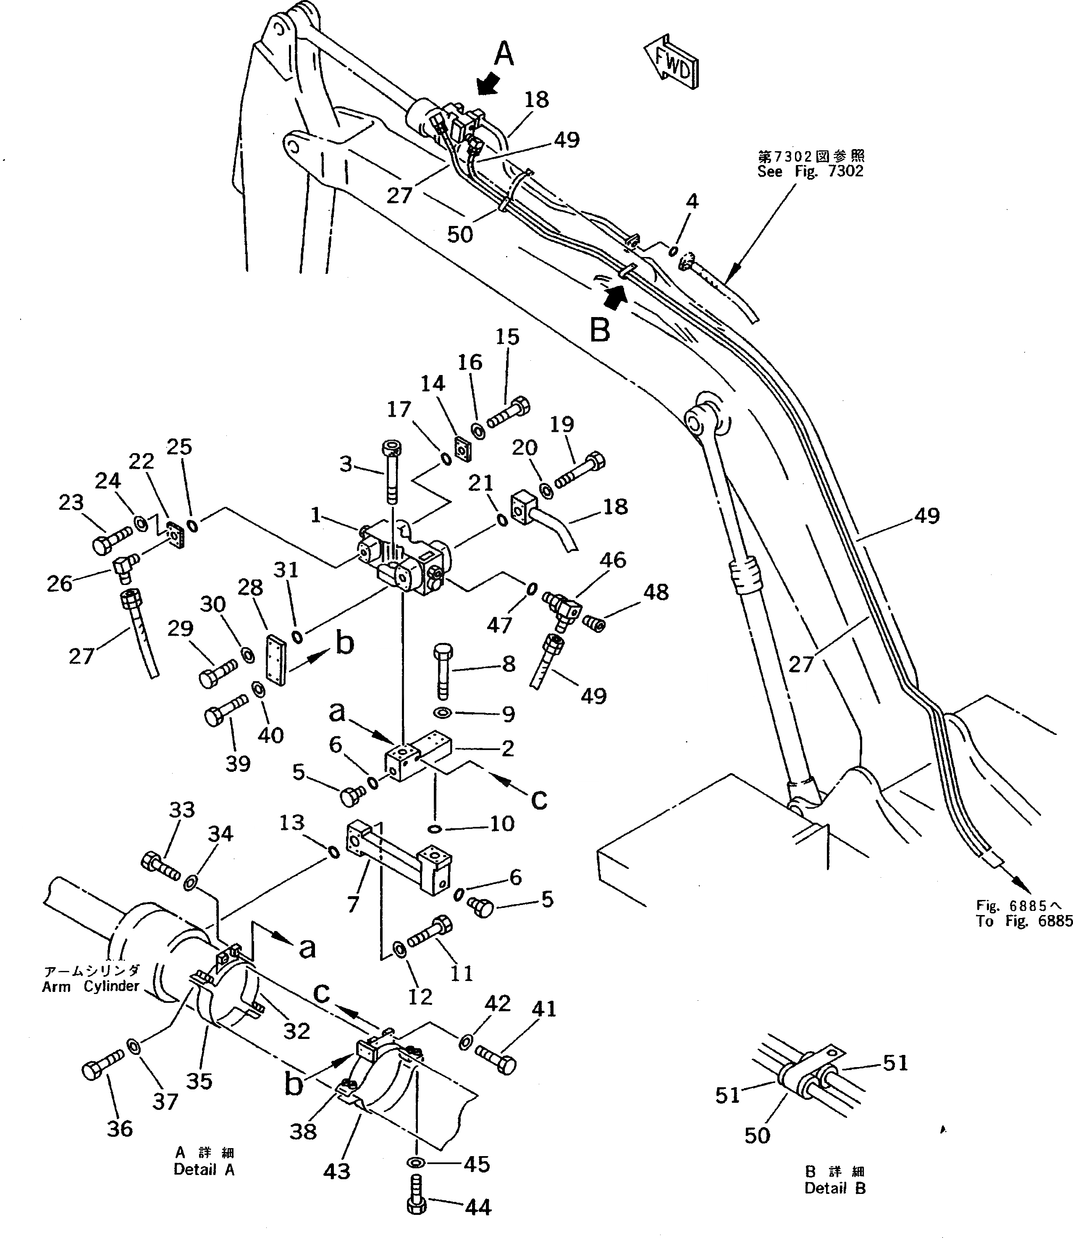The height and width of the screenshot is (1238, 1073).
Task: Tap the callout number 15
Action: (507, 337)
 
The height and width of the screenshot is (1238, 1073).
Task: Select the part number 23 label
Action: (71, 502)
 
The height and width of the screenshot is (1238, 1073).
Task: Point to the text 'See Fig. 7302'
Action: (810, 172)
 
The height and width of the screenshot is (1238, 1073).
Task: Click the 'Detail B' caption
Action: (835, 1188)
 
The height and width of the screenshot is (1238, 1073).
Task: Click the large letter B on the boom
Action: (600, 330)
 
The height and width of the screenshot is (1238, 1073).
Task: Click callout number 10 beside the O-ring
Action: (502, 824)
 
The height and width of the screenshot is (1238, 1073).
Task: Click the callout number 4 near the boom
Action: (692, 201)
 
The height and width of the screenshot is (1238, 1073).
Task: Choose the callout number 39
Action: (238, 763)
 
